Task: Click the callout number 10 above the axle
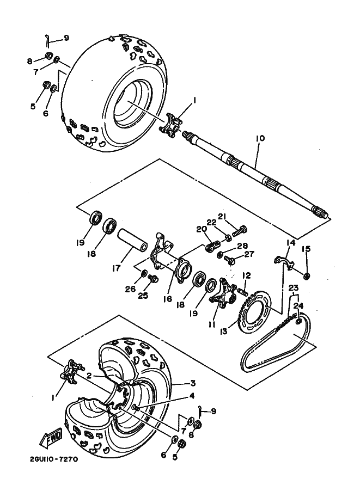[x=260, y=139]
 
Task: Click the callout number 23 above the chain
[x=294, y=289]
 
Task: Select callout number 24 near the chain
[x=298, y=306]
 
